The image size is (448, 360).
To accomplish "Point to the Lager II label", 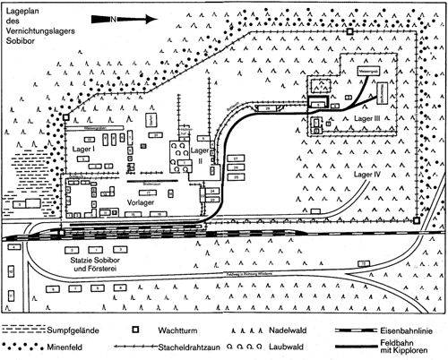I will (x=199, y=158).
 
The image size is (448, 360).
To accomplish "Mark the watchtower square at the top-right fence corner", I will (x=350, y=31).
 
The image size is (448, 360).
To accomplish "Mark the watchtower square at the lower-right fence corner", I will (x=417, y=220).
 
